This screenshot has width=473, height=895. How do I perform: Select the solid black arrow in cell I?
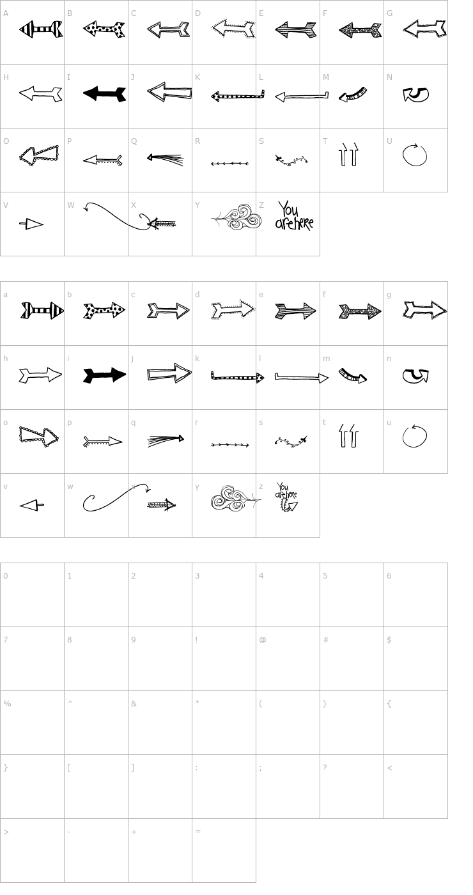click(x=104, y=94)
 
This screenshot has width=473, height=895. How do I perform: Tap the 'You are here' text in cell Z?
click(x=293, y=216)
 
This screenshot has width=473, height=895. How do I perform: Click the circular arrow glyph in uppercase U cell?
click(x=414, y=155)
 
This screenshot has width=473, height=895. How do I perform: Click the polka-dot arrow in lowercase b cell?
click(x=104, y=311)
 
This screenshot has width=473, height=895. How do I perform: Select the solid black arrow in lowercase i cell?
click(x=104, y=375)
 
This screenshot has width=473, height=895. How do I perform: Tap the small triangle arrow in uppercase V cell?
click(x=31, y=224)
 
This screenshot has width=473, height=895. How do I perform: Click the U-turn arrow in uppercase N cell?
click(x=415, y=95)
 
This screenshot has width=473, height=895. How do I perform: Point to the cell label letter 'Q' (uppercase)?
click(x=134, y=141)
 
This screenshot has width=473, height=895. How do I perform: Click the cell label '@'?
click(x=262, y=640)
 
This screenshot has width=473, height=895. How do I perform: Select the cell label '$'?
click(x=389, y=640)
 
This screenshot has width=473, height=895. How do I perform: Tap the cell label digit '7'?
click(x=6, y=640)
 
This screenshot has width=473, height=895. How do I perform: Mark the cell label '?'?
click(x=325, y=768)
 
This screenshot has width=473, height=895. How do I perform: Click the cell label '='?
click(x=198, y=832)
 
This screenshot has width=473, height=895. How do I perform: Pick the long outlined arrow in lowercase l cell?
click(x=301, y=377)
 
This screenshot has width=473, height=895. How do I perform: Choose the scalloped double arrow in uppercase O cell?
click(x=38, y=153)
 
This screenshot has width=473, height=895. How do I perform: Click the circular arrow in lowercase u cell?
click(x=414, y=436)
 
